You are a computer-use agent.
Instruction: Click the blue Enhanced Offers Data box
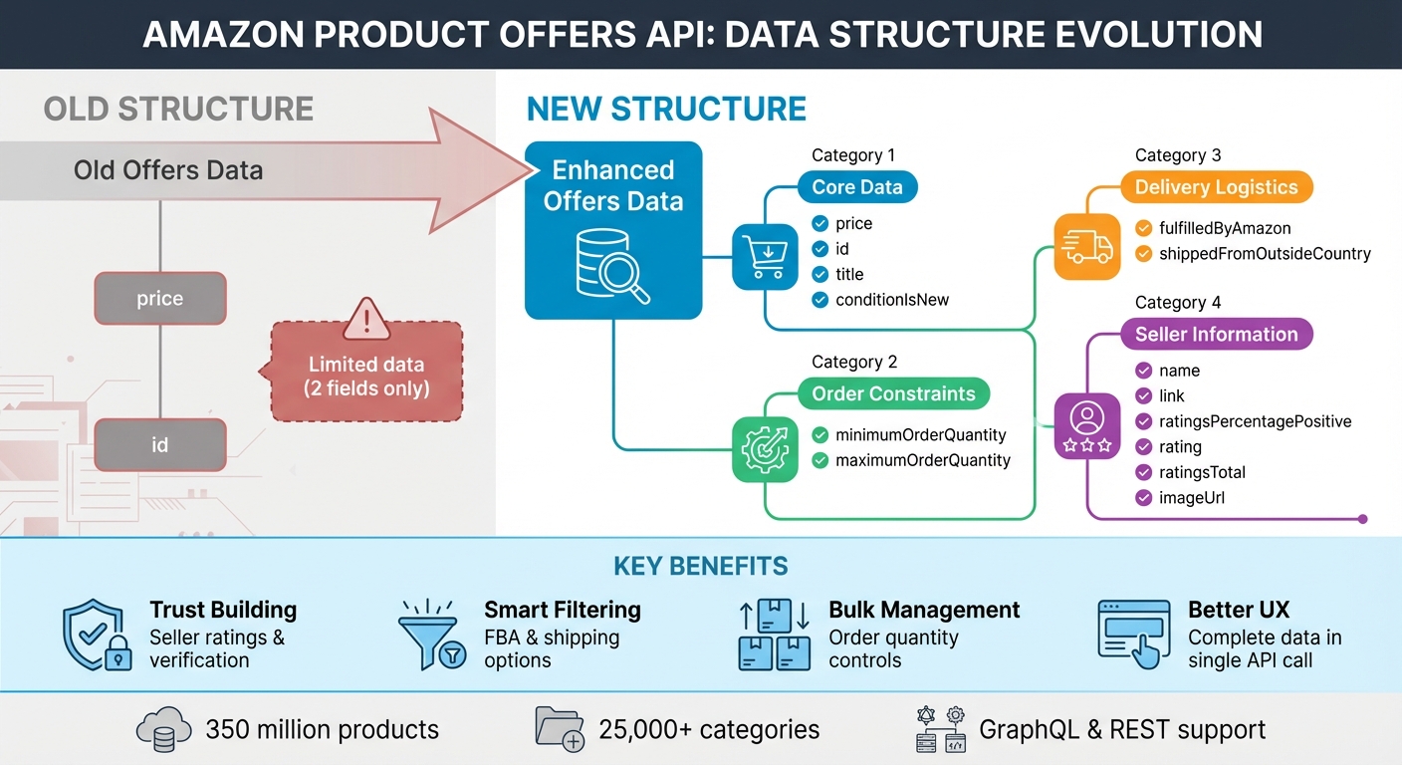[613, 229]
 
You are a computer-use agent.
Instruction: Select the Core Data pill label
[856, 187]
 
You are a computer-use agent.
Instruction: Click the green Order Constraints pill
[893, 393]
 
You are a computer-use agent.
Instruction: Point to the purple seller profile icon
[1086, 425]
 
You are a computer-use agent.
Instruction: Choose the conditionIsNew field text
[892, 300]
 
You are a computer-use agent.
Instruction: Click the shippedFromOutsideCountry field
[1265, 254]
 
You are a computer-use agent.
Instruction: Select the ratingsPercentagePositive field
[1255, 421]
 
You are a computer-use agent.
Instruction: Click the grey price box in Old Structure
[160, 299]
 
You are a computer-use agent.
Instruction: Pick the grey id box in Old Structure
[160, 445]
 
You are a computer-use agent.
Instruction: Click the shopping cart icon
[765, 257]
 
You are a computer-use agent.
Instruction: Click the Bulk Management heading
[924, 610]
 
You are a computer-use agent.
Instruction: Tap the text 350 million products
[322, 729]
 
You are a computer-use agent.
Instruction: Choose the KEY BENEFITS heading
[701, 567]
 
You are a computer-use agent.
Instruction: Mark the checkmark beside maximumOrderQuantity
[820, 460]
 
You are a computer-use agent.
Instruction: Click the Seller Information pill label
[1216, 335]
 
